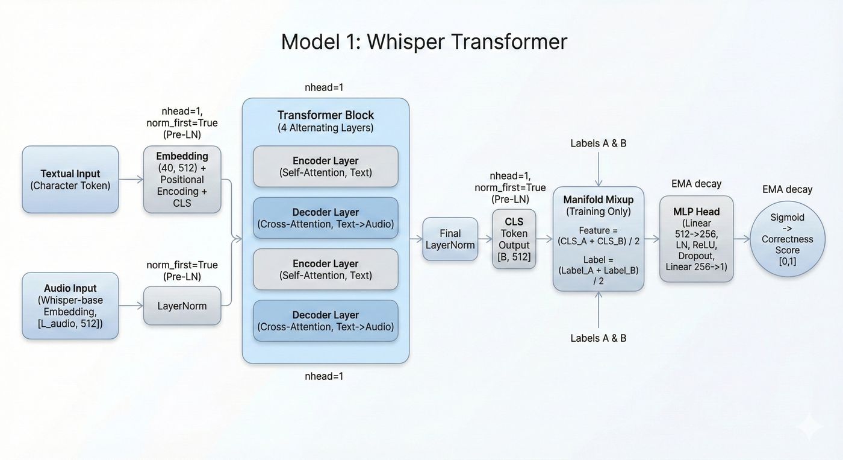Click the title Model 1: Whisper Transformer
pos(424,42)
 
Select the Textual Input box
pos(70,180)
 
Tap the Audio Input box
pos(70,306)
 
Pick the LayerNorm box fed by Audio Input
pos(182,306)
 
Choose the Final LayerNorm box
pos(450,239)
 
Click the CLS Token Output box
pos(514,239)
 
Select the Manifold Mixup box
pos(598,239)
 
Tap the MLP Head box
pos(696,239)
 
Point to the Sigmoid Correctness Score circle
pos(787,239)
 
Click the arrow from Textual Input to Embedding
pos(131,180)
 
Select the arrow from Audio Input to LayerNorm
pos(131,306)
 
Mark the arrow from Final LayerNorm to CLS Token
pos(485,239)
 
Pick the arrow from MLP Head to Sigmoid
pos(742,239)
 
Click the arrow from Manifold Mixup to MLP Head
pos(652,239)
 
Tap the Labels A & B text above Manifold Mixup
pos(598,143)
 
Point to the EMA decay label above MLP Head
pos(696,183)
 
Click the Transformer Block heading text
pos(325,115)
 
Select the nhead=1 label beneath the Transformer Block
pos(324,376)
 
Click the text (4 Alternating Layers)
pos(325,128)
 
